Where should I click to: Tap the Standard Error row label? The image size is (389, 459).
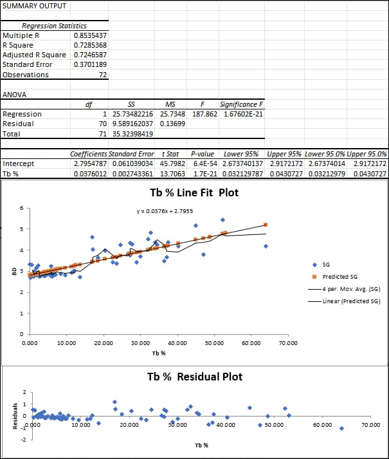point(28,64)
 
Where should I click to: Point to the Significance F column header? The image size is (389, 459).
point(241,104)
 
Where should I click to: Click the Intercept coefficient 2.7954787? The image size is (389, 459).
point(90,164)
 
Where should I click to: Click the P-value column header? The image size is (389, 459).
point(202,155)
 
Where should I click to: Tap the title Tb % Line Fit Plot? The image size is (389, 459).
point(194,192)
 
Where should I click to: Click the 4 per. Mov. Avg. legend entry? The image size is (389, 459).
point(347,289)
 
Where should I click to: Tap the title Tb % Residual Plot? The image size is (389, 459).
point(194,377)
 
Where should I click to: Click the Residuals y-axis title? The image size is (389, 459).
point(9,415)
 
